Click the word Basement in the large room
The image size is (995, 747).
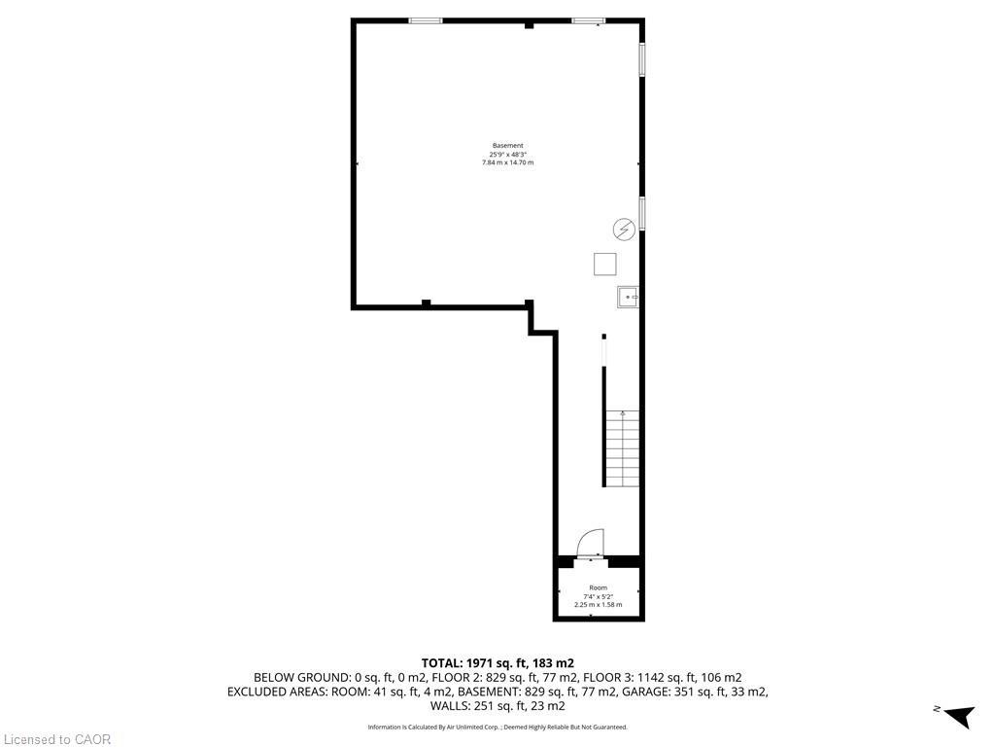507,146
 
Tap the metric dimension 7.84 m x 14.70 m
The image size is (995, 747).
507,162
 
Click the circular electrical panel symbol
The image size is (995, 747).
623,230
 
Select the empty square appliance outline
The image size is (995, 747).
605,264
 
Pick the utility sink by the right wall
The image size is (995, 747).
628,297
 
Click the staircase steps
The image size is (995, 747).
623,448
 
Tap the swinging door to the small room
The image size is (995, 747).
590,543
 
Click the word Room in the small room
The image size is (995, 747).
598,587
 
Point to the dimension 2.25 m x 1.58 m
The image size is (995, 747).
598,605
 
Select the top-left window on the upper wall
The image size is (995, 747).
426,20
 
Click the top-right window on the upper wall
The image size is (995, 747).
588,20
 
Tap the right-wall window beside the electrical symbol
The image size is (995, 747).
641,213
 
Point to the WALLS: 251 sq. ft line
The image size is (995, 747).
497,706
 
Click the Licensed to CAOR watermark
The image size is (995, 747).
56,739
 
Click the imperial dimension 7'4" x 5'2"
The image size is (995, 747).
598,596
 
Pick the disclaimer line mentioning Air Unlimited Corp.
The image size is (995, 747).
497,727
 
